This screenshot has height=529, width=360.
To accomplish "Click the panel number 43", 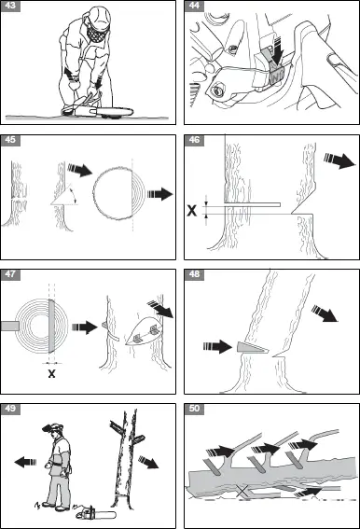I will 11,7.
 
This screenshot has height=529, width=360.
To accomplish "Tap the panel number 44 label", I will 194,7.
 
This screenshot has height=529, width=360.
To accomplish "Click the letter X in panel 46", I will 193,211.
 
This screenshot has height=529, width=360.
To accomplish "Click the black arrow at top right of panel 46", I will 332,160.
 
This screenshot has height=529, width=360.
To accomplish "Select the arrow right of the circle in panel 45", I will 161,194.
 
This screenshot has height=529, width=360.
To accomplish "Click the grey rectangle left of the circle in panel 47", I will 9,326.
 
